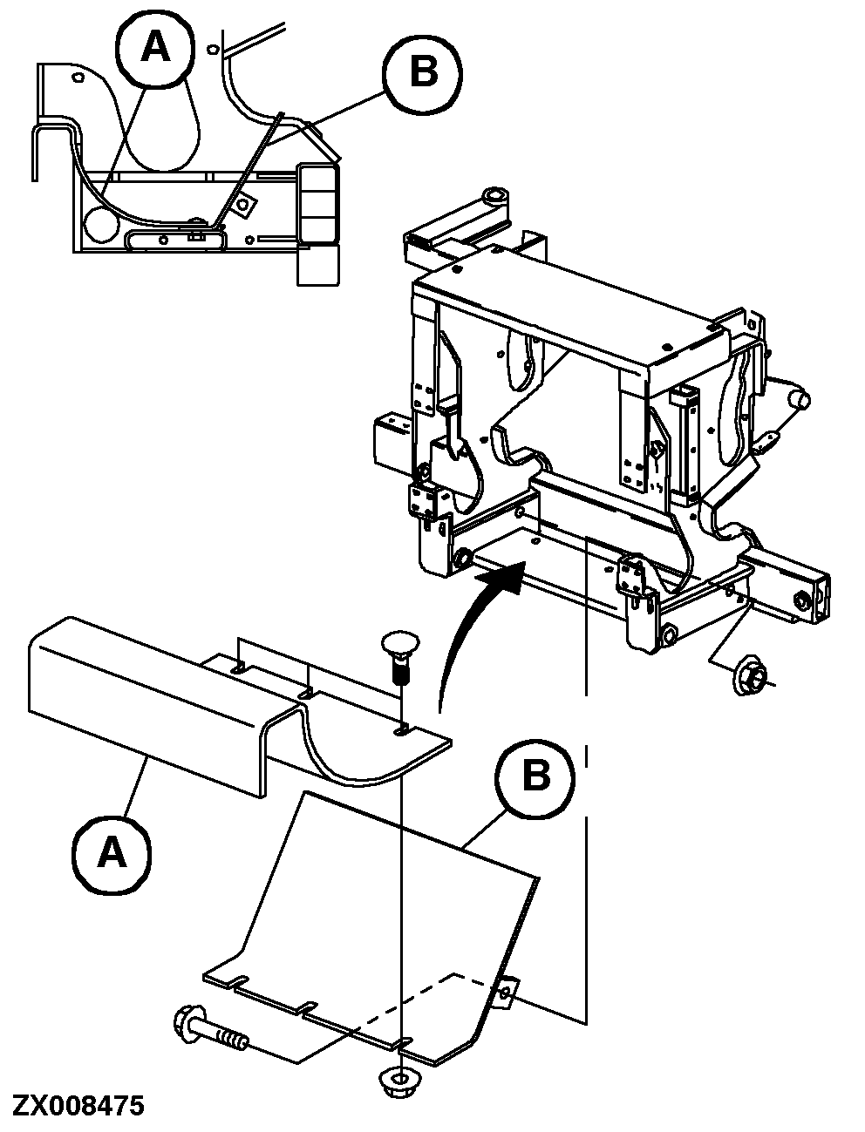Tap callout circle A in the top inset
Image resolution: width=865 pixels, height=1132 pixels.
coord(156,48)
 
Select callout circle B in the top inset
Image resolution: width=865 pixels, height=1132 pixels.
coord(423,71)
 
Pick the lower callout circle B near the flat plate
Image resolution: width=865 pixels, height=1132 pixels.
coord(535,775)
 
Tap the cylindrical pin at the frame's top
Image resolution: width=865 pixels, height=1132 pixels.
coord(495,197)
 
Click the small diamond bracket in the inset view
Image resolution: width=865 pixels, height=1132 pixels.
coord(246,204)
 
